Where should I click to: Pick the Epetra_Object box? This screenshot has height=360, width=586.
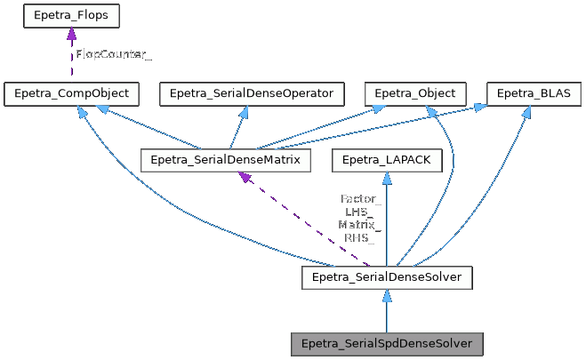414,93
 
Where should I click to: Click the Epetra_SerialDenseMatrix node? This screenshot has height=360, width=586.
226,160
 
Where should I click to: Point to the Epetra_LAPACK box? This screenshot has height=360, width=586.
386,160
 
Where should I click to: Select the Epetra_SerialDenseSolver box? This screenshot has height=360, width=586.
386,278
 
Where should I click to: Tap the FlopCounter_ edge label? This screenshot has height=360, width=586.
113,54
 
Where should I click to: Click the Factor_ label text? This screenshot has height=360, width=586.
361,199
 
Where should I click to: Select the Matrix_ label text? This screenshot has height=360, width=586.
361,225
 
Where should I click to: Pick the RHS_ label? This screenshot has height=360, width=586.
361,238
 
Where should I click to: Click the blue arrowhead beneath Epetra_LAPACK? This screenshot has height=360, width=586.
386,179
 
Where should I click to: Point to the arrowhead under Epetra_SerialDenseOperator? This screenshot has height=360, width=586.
246,112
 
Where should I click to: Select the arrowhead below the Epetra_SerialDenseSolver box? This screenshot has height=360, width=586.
386,297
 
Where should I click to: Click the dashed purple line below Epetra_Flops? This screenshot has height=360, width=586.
71,62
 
